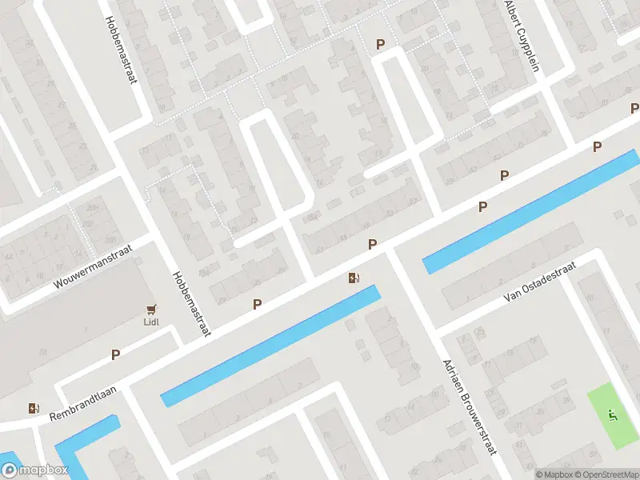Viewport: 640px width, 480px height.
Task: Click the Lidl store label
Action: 152,322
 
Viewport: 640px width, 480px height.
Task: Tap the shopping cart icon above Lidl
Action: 152,309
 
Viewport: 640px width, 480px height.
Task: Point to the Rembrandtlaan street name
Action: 83,403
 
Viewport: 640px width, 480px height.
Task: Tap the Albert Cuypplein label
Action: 522,35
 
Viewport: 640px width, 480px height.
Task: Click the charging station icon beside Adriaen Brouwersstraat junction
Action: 354,278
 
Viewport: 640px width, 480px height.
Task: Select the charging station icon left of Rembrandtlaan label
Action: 33,408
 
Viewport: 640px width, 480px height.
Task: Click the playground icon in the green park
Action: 614,414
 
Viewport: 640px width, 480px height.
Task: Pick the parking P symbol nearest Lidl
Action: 116,354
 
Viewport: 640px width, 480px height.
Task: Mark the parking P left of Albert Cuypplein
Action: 381,45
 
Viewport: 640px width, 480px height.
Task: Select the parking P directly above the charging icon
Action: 372,243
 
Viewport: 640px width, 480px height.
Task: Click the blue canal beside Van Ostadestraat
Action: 528,210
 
